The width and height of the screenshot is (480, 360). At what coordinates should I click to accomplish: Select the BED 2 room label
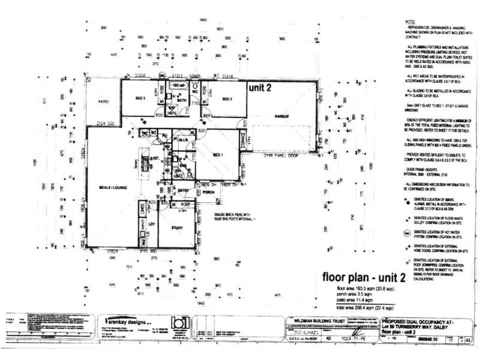[x=227, y=98]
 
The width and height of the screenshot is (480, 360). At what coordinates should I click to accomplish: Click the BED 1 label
[x=217, y=155]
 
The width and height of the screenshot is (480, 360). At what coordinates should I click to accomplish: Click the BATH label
[x=182, y=100]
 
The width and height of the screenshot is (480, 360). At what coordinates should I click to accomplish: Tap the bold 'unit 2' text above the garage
[x=260, y=87]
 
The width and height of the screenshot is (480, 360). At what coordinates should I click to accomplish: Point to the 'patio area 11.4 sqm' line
[x=360, y=299]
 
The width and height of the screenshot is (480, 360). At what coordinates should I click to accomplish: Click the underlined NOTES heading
[x=410, y=21]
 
